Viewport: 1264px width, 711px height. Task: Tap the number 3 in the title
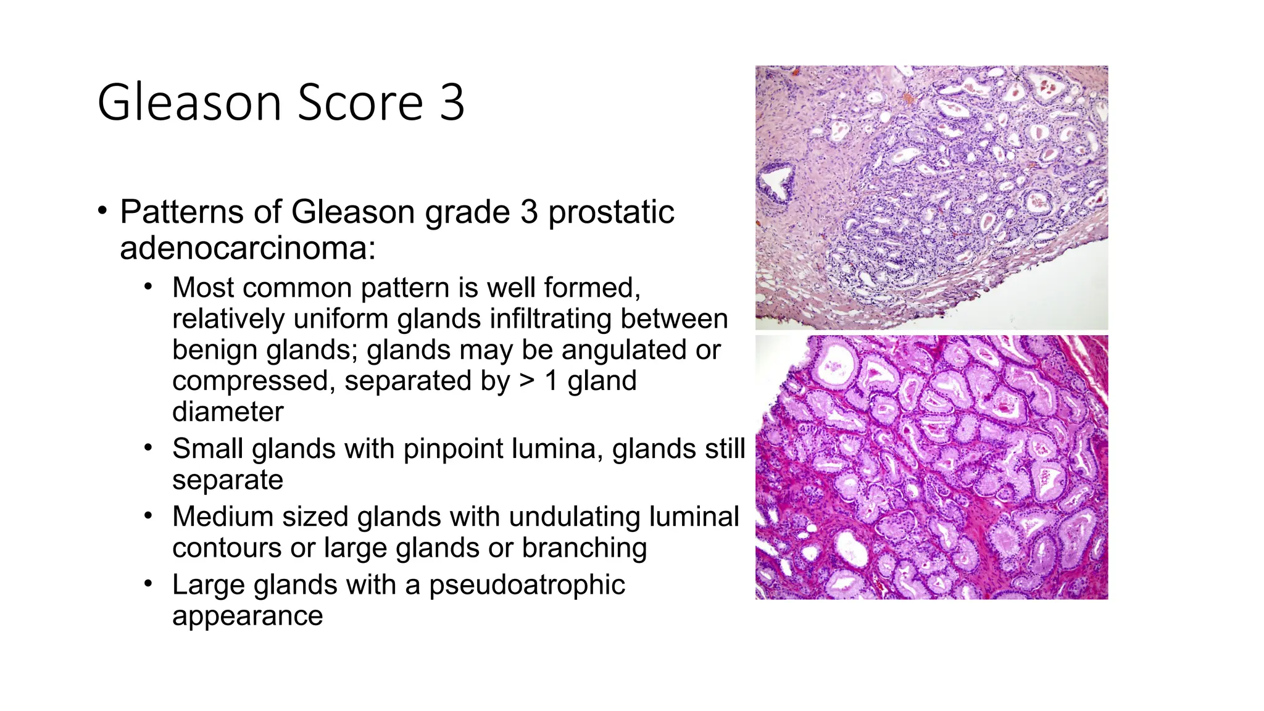pyautogui.click(x=452, y=102)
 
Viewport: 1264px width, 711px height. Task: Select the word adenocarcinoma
pyautogui.click(x=247, y=249)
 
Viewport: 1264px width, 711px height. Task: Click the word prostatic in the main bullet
pyautogui.click(x=611, y=212)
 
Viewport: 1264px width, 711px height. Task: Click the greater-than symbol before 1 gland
pyautogui.click(x=526, y=380)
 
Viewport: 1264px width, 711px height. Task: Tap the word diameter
pyautogui.click(x=228, y=412)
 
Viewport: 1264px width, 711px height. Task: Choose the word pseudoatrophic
pyautogui.click(x=527, y=585)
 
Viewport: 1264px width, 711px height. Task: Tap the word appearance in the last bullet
pyautogui.click(x=247, y=616)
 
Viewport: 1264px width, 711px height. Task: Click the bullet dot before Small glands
pyautogui.click(x=148, y=447)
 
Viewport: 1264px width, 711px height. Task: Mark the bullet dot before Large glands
pyautogui.click(x=148, y=583)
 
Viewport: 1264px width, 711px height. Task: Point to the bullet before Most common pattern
pyautogui.click(x=148, y=286)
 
